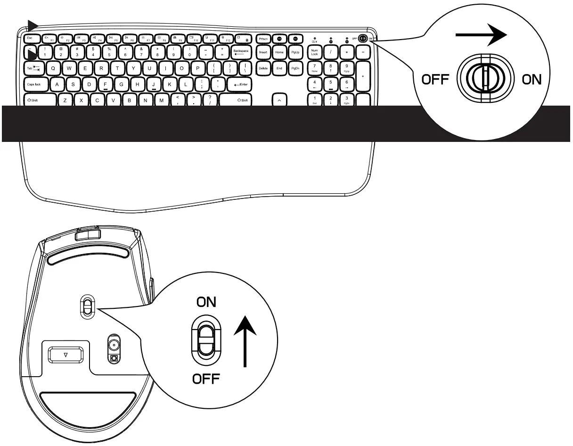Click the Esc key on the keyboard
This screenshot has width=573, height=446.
[30, 38]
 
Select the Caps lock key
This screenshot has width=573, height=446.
[34, 84]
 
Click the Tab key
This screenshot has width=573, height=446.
[34, 68]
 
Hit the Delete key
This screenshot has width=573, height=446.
[263, 68]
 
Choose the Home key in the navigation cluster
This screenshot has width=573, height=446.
[279, 52]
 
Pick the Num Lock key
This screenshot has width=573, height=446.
[314, 52]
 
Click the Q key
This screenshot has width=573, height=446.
[53, 68]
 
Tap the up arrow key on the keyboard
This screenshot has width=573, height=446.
[279, 100]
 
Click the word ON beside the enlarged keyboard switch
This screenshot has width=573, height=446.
[532, 79]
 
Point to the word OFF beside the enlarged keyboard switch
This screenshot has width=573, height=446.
[434, 79]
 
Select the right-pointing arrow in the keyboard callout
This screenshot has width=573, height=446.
[481, 35]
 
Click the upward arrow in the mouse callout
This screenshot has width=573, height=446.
[245, 339]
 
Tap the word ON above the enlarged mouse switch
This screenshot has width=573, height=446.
[206, 302]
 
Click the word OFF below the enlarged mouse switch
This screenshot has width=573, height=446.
[206, 379]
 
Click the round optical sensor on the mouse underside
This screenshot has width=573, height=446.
[114, 345]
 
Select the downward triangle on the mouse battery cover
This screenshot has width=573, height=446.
[66, 355]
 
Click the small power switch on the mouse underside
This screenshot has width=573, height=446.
[87, 306]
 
